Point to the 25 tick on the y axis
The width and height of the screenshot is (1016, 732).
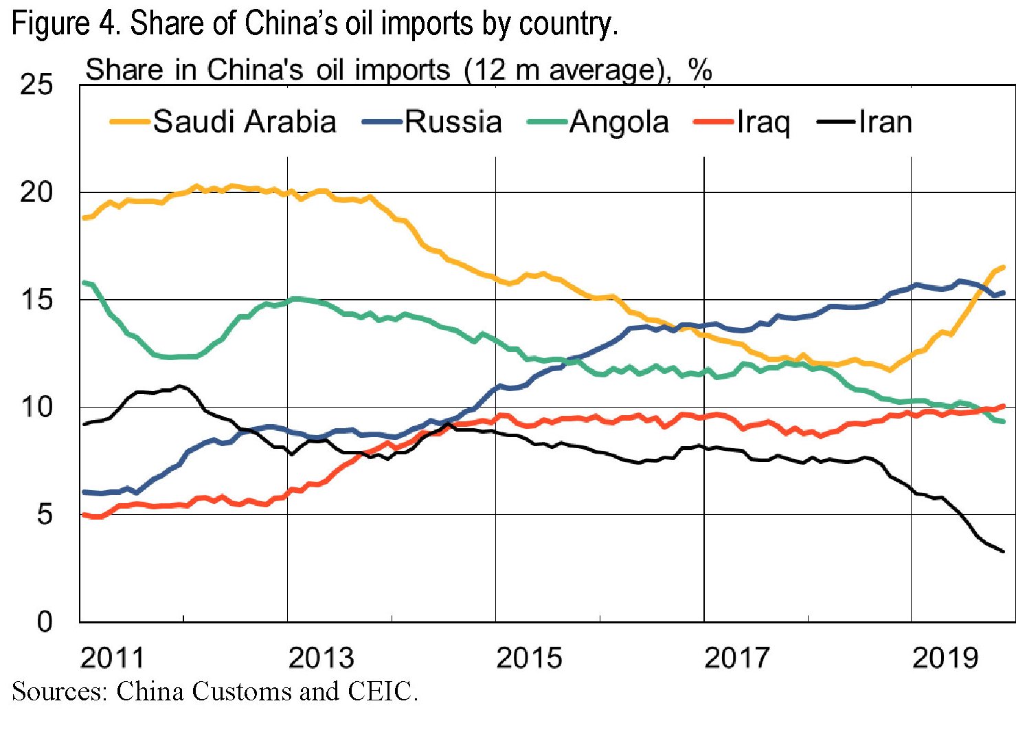(x=36, y=85)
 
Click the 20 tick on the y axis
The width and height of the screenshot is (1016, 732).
(x=36, y=192)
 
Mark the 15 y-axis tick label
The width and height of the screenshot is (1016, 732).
(x=36, y=300)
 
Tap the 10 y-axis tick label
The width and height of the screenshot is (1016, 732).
(x=36, y=407)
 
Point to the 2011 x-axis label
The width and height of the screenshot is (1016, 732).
(x=113, y=658)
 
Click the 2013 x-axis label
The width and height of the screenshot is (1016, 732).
(x=321, y=658)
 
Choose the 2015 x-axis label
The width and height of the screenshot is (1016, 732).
(x=529, y=658)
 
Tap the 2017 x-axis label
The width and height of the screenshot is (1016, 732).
(x=737, y=658)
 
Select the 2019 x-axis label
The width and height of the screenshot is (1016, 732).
(x=945, y=658)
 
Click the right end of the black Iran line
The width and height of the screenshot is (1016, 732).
(x=1004, y=551)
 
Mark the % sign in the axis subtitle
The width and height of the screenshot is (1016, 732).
(x=700, y=70)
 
